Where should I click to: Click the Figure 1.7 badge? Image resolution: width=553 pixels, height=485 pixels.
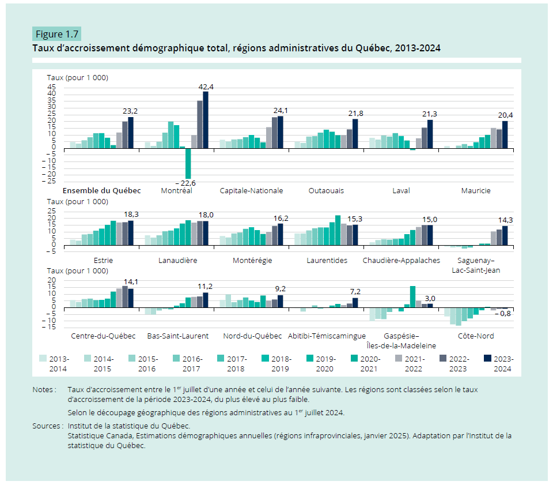(56, 33)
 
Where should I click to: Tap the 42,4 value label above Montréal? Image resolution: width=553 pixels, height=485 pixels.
(206, 87)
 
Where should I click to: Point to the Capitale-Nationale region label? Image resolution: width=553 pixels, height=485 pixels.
(252, 190)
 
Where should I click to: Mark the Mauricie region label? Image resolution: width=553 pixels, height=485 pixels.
(476, 190)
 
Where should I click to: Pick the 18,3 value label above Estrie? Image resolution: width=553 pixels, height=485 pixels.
(132, 215)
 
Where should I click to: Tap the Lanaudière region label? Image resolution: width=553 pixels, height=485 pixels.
(177, 260)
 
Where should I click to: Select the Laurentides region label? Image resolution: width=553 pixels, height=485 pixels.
(327, 260)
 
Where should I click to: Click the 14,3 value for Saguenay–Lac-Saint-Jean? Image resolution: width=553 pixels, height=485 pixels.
(505, 220)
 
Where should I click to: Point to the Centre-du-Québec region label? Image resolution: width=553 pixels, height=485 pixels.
(103, 336)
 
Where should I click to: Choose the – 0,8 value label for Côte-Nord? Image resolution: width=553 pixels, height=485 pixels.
(503, 314)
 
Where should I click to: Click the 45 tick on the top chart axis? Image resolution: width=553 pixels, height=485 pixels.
(51, 87)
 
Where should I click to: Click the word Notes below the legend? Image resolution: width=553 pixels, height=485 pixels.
(44, 390)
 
